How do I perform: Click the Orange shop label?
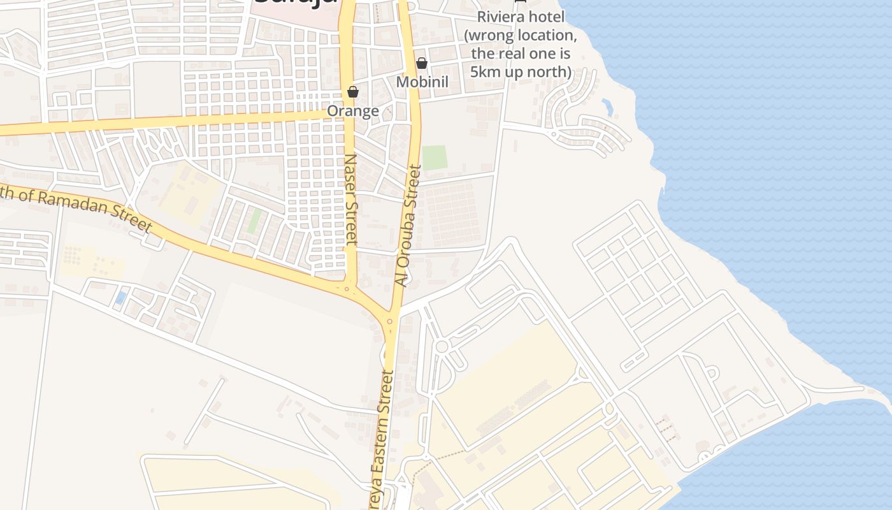point(352,111)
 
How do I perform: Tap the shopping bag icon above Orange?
point(353,92)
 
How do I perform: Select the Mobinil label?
point(422,82)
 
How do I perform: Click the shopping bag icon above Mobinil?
point(421,63)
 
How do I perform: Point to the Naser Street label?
point(351,199)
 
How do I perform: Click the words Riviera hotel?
point(520,17)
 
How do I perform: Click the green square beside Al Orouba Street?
point(435,157)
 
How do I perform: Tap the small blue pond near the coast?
point(607,107)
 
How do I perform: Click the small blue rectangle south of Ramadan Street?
point(120,298)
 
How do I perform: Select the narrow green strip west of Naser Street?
point(255,221)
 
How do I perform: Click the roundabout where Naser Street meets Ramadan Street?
point(347,289)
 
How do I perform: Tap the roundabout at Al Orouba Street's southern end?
point(389,321)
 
